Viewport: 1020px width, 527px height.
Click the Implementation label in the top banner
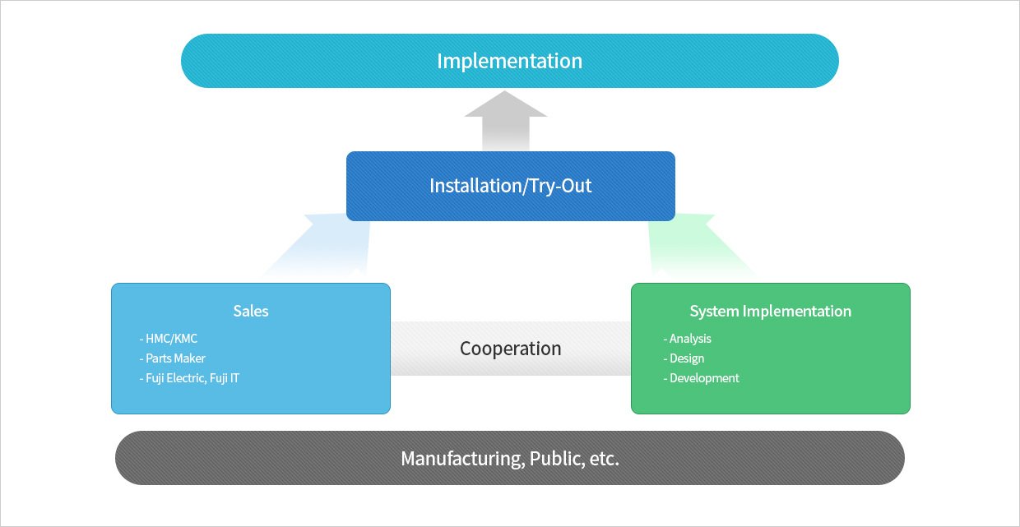[509, 61]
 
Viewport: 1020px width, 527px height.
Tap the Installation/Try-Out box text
[511, 186]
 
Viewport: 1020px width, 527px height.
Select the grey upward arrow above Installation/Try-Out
[505, 121]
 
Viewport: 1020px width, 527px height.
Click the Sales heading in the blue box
[250, 311]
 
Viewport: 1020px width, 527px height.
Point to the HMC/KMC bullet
[169, 339]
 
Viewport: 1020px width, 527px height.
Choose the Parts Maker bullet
[172, 358]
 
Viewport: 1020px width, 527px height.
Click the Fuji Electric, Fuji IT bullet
[189, 378]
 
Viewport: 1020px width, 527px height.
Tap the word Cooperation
[511, 349]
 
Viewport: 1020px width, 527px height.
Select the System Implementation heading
[771, 312]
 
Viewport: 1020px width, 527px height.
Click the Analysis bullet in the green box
[687, 339]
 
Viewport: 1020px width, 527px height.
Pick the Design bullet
[684, 358]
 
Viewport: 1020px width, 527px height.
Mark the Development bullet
[701, 378]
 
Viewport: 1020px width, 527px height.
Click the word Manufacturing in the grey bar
[463, 458]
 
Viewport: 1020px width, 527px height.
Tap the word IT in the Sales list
[234, 378]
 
